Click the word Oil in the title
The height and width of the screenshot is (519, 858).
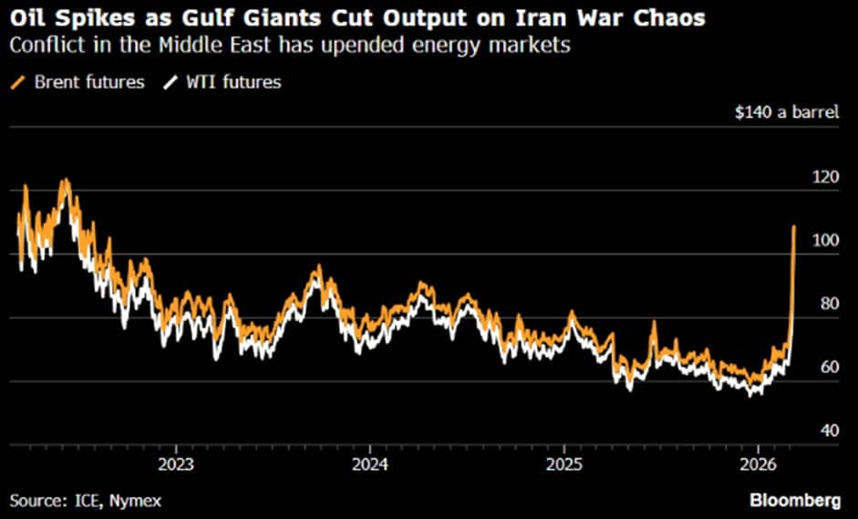point(26,18)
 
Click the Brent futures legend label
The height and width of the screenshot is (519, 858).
point(88,82)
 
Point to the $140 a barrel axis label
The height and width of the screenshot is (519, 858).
point(787,113)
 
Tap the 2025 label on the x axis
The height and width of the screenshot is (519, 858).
point(564,462)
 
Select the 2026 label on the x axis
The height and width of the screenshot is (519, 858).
point(759,462)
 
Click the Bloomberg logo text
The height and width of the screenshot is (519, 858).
point(796,500)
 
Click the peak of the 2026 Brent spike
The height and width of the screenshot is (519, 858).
point(794,226)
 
